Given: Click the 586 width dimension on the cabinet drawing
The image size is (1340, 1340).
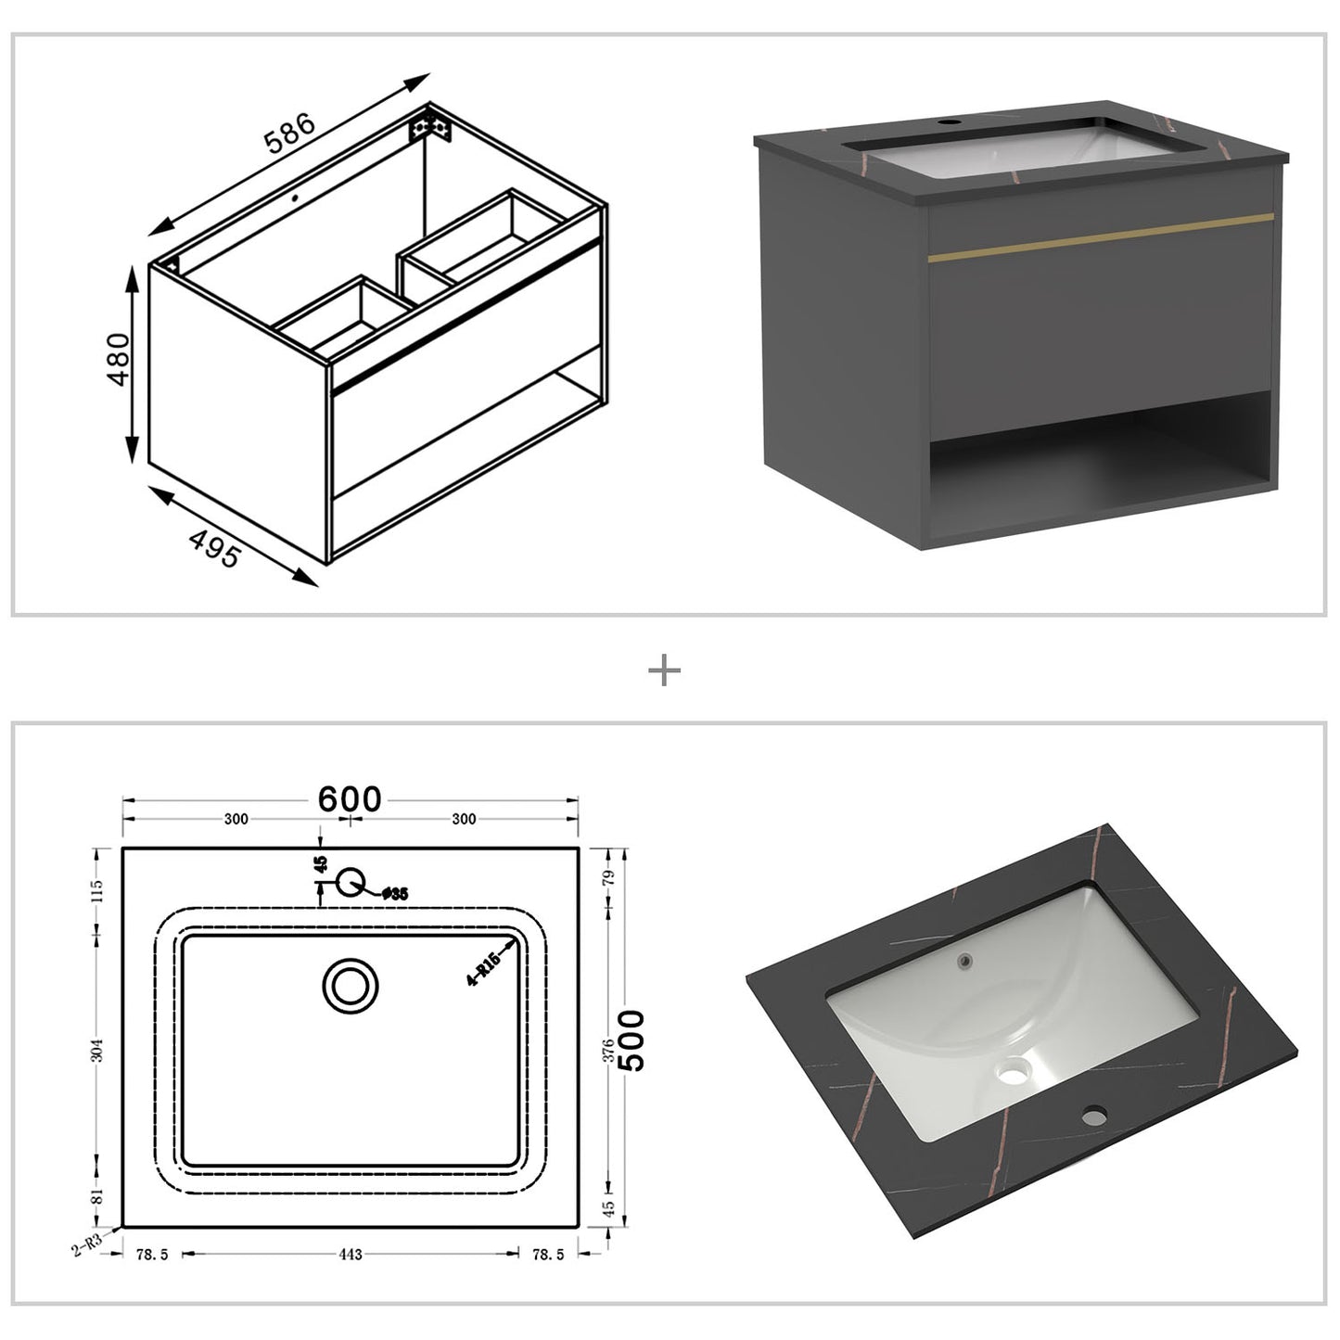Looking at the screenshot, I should pos(290,134).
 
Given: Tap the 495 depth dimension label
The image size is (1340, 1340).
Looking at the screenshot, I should pos(214,549).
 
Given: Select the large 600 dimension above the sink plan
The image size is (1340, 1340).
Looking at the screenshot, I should pos(350,798).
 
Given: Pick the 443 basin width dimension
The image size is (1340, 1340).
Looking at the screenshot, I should pos(350,1255).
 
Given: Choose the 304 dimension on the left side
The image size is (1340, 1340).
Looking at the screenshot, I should pos(98,1050).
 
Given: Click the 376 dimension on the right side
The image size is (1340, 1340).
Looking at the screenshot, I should pos(608,1050).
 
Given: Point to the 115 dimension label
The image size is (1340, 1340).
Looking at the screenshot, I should pos(98,891).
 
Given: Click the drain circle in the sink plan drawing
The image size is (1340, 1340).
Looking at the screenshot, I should pos(351,985).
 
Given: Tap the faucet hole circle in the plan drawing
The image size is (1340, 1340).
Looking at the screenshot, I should pos(350,882).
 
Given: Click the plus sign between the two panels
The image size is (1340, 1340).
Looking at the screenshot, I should pos(665,670).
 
